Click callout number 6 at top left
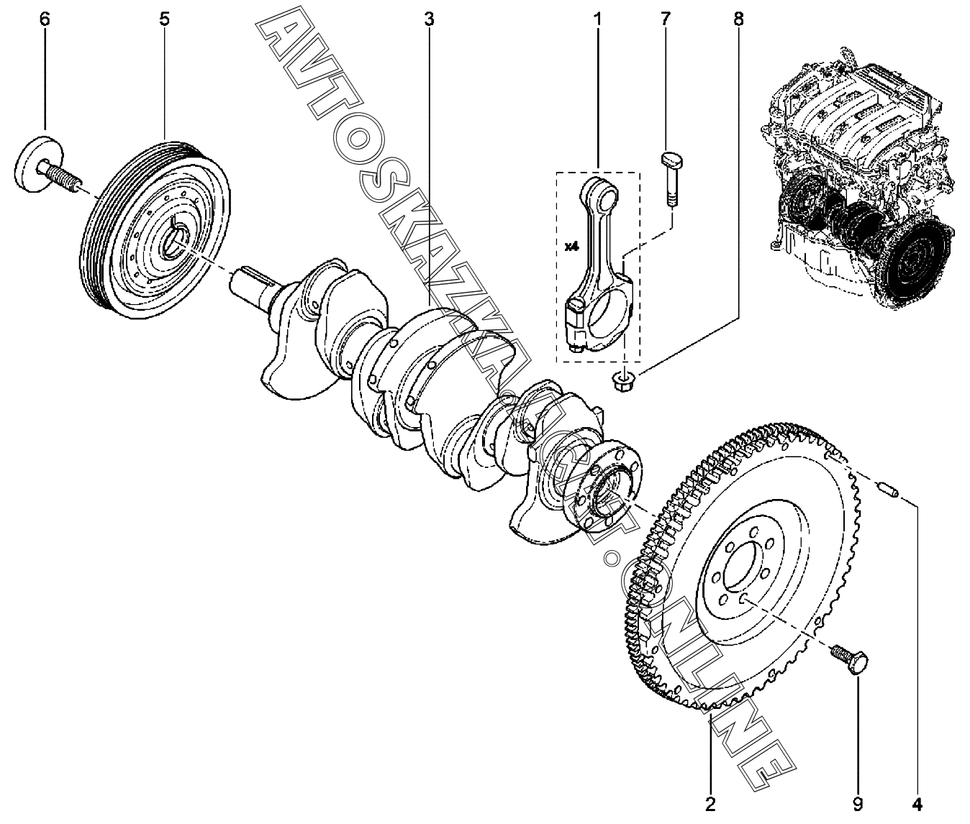tap(45, 19)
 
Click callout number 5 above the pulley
tap(165, 19)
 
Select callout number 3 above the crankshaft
tap(429, 19)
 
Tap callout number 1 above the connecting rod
tap(597, 19)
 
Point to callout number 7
tap(665, 19)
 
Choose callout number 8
tap(738, 19)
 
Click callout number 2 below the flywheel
tap(710, 802)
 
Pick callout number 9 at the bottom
tap(858, 802)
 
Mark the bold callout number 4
tap(917, 802)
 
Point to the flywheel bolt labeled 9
tap(851, 658)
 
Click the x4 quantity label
tap(571, 247)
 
